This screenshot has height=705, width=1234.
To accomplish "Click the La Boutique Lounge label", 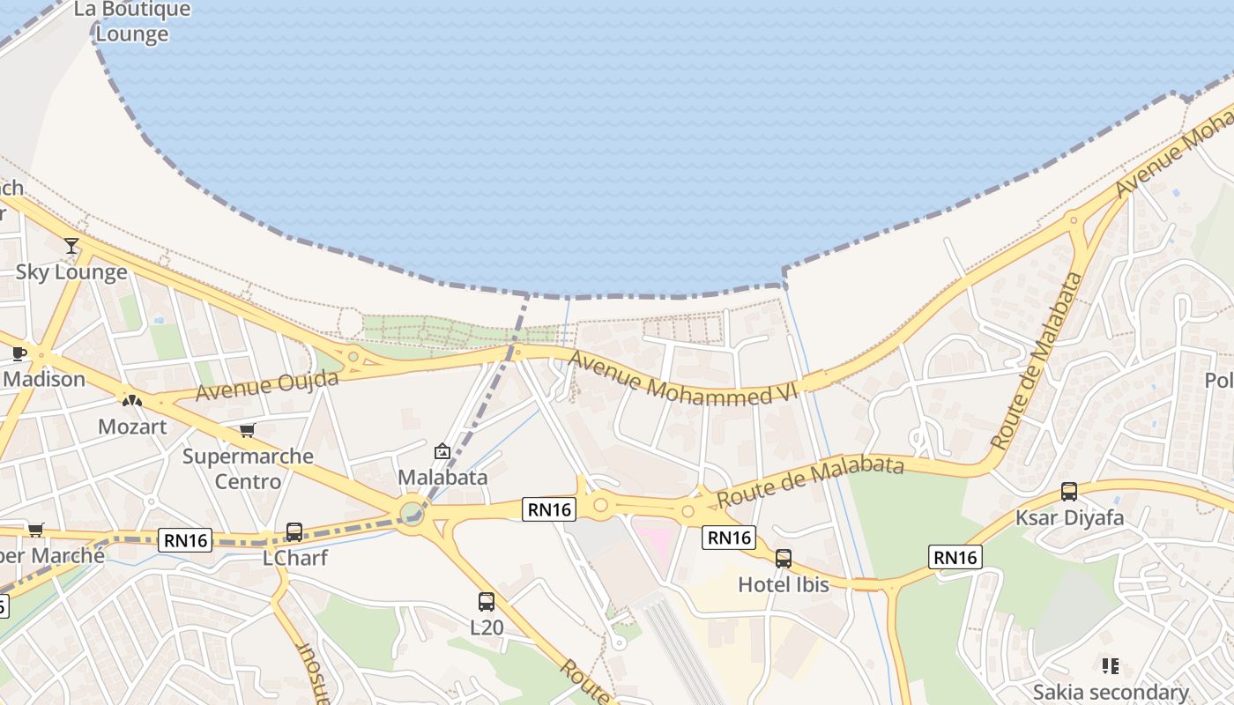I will (x=132, y=22).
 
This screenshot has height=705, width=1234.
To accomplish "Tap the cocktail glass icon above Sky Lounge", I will (x=71, y=246).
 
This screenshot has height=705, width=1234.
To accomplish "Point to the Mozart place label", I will (x=132, y=427).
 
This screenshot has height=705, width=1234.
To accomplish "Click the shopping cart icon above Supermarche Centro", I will (x=247, y=431).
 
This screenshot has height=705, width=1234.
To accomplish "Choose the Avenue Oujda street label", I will (x=267, y=386).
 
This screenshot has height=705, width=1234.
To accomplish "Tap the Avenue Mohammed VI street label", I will (x=683, y=379).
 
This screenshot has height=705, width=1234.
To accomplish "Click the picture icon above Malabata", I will (x=442, y=452).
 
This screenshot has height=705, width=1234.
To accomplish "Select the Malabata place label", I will (x=442, y=478).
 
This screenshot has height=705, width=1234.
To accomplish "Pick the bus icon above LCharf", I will (x=294, y=532).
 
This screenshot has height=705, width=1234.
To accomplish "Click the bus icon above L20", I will (x=486, y=602).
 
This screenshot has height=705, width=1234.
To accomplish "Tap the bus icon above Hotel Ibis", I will (x=783, y=559).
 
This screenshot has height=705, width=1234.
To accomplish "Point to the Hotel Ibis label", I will (x=784, y=584).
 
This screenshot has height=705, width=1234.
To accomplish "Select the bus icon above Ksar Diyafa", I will (x=1069, y=492).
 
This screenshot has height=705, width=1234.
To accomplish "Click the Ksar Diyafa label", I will (x=1069, y=517).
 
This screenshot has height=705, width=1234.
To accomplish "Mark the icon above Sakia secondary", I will (x=1110, y=666).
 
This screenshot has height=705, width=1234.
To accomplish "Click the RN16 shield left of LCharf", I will (x=186, y=540).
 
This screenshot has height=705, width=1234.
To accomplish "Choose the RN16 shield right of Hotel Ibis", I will (x=955, y=557).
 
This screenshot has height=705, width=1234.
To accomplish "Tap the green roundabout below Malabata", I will (x=412, y=512).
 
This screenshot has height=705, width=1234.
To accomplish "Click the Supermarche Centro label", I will (x=248, y=469).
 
